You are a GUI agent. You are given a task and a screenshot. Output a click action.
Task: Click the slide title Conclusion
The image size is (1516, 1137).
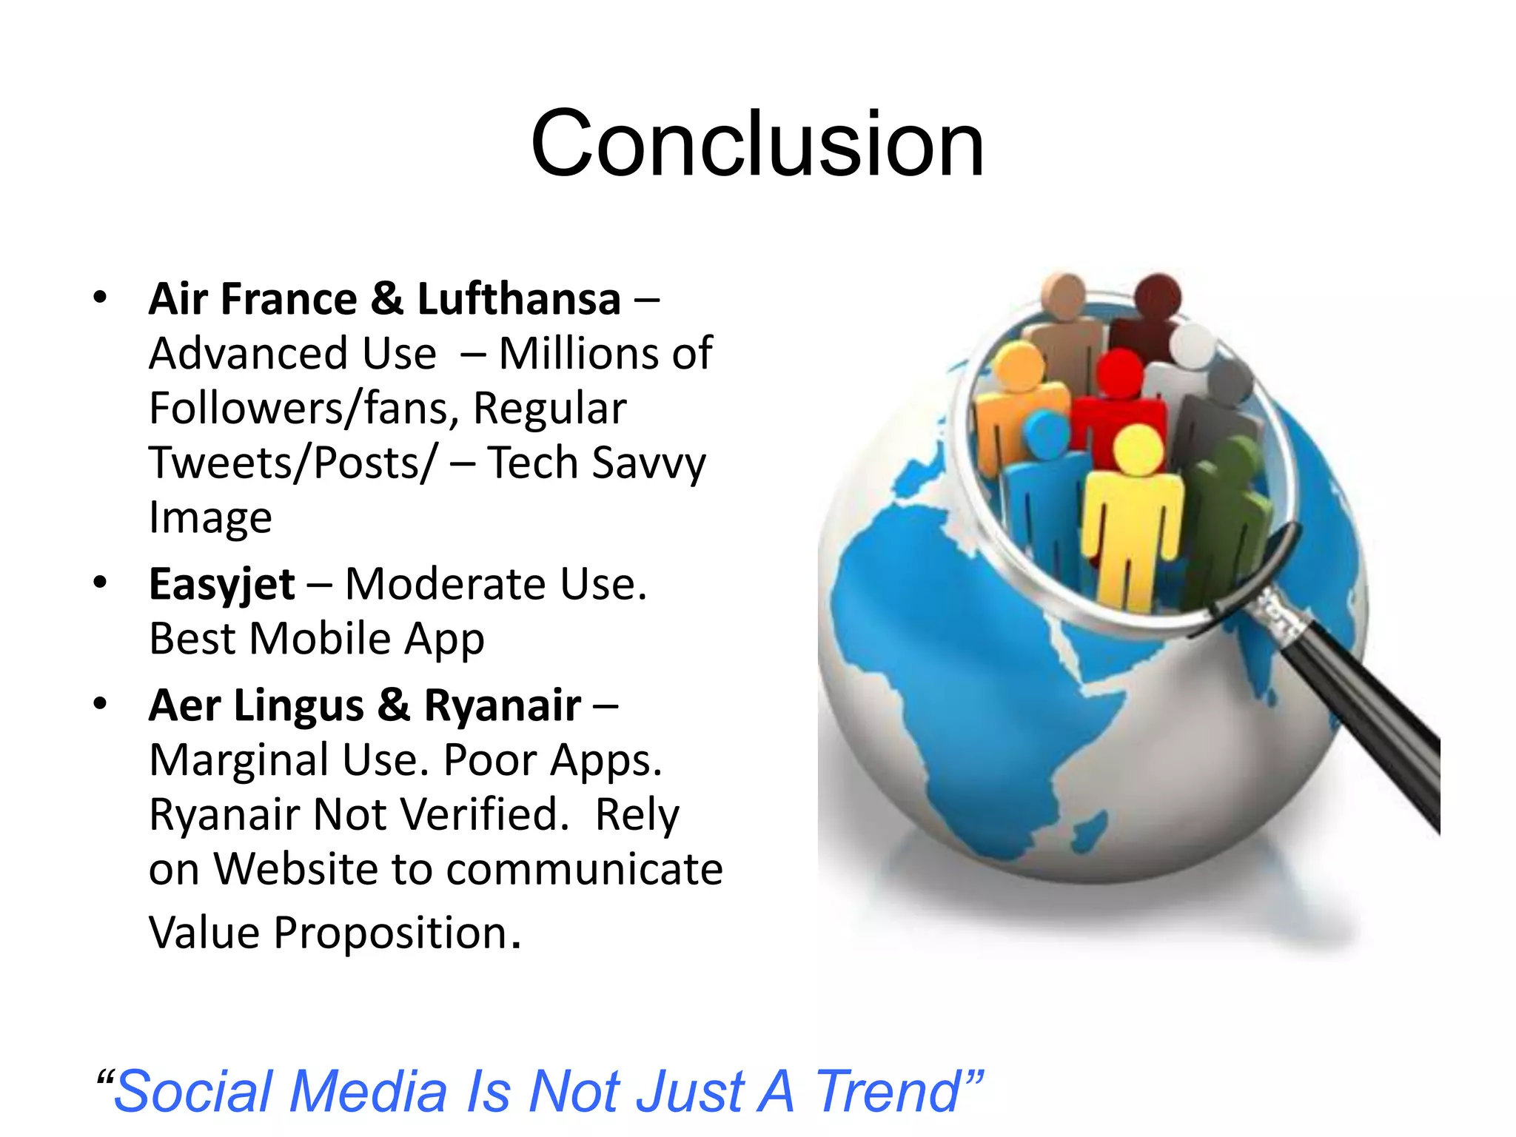pos(757,144)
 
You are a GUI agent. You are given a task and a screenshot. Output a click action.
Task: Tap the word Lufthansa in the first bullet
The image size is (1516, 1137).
pos(519,299)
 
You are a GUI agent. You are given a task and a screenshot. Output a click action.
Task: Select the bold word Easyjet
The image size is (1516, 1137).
pos(221,585)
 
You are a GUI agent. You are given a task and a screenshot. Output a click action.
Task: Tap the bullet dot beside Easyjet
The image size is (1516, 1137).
pos(100,583)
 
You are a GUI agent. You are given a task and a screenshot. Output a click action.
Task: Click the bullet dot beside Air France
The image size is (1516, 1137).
pos(100,298)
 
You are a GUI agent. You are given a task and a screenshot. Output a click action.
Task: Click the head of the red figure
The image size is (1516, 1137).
pos(1120,372)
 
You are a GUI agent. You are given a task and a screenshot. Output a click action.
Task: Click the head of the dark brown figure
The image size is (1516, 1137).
pos(1158,295)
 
